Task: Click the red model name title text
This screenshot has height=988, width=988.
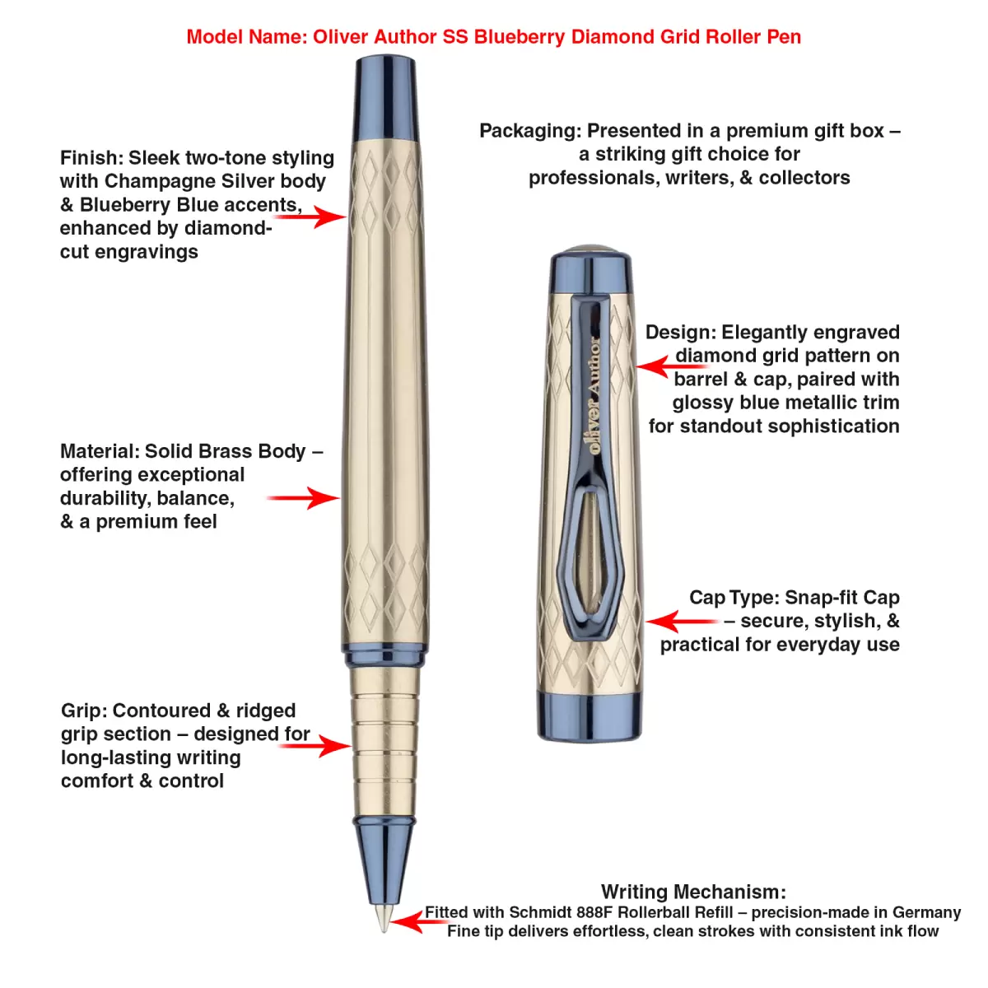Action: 493,37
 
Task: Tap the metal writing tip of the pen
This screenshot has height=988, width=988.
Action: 384,919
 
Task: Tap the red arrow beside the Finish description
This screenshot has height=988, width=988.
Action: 311,217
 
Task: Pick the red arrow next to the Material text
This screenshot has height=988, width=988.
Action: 304,498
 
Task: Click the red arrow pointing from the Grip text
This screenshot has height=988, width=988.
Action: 316,746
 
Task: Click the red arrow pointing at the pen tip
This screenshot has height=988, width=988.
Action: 416,921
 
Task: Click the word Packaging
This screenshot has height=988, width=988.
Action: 529,131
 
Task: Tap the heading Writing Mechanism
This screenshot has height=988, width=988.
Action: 693,892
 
